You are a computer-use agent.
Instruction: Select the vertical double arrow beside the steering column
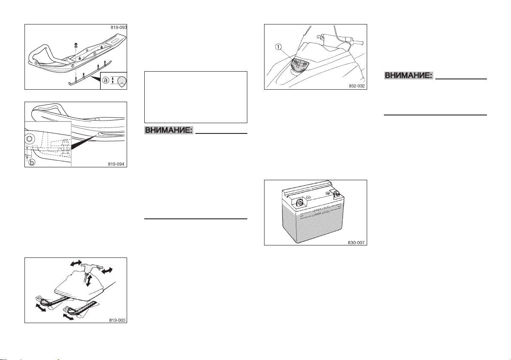[89, 280]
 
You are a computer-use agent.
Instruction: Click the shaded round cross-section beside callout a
[119, 80]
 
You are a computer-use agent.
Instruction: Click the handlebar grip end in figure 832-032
[359, 42]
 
